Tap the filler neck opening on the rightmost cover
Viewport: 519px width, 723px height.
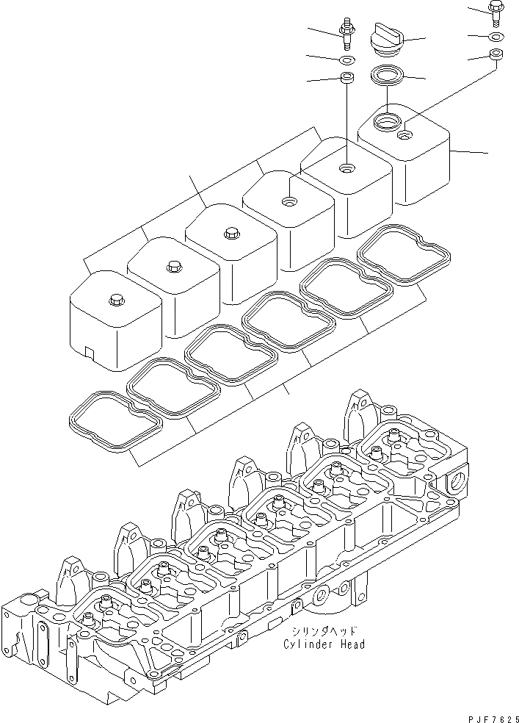(x=385, y=119)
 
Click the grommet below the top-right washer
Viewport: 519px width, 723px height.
(x=496, y=54)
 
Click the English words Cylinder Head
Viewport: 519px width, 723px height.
(x=324, y=644)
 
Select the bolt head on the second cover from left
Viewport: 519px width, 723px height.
(x=174, y=265)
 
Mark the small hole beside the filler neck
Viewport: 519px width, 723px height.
(x=404, y=135)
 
